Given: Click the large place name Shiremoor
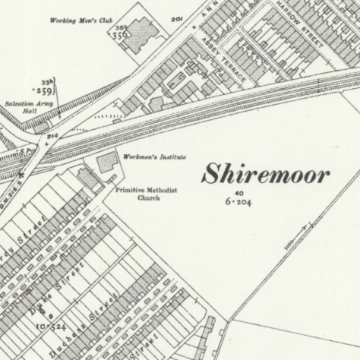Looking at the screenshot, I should click(x=265, y=175).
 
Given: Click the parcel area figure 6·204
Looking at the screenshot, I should click(x=237, y=203).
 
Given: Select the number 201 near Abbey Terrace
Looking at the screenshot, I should click(x=178, y=18).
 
